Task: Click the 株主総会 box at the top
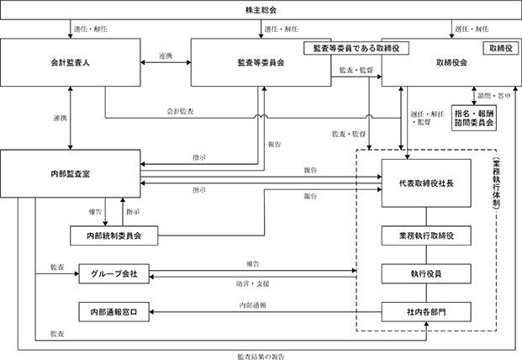pos(261,10)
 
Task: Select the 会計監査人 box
pos(71,62)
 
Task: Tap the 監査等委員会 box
pos(261,62)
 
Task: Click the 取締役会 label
pos(451,62)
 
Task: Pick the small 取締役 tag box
pos(501,48)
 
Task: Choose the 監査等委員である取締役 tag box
pos(356,48)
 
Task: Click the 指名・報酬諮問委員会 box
pos(474,119)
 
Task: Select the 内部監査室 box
pos(71,173)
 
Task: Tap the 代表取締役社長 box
pos(426,183)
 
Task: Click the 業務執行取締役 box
pos(426,236)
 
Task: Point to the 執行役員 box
pos(426,273)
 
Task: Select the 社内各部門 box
pos(426,312)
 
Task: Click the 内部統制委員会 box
pos(113,236)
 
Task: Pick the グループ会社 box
pos(113,273)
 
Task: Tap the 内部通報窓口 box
pos(113,312)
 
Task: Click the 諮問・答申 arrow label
pos(494,96)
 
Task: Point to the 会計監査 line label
pos(180,111)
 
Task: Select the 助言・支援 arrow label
pos(253,283)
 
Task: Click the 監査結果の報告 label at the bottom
pos(261,357)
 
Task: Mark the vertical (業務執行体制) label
pos(497,183)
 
